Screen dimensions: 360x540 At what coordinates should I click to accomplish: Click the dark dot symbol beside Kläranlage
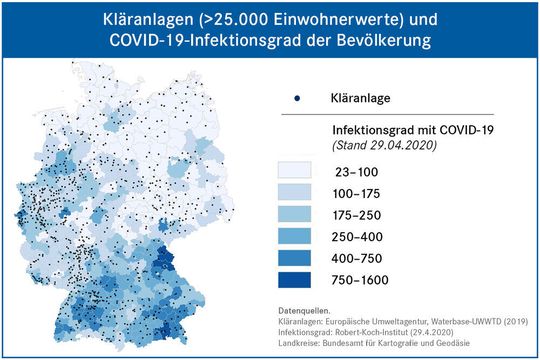click(297, 98)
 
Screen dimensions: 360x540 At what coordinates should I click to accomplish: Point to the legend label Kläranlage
click(362, 98)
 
